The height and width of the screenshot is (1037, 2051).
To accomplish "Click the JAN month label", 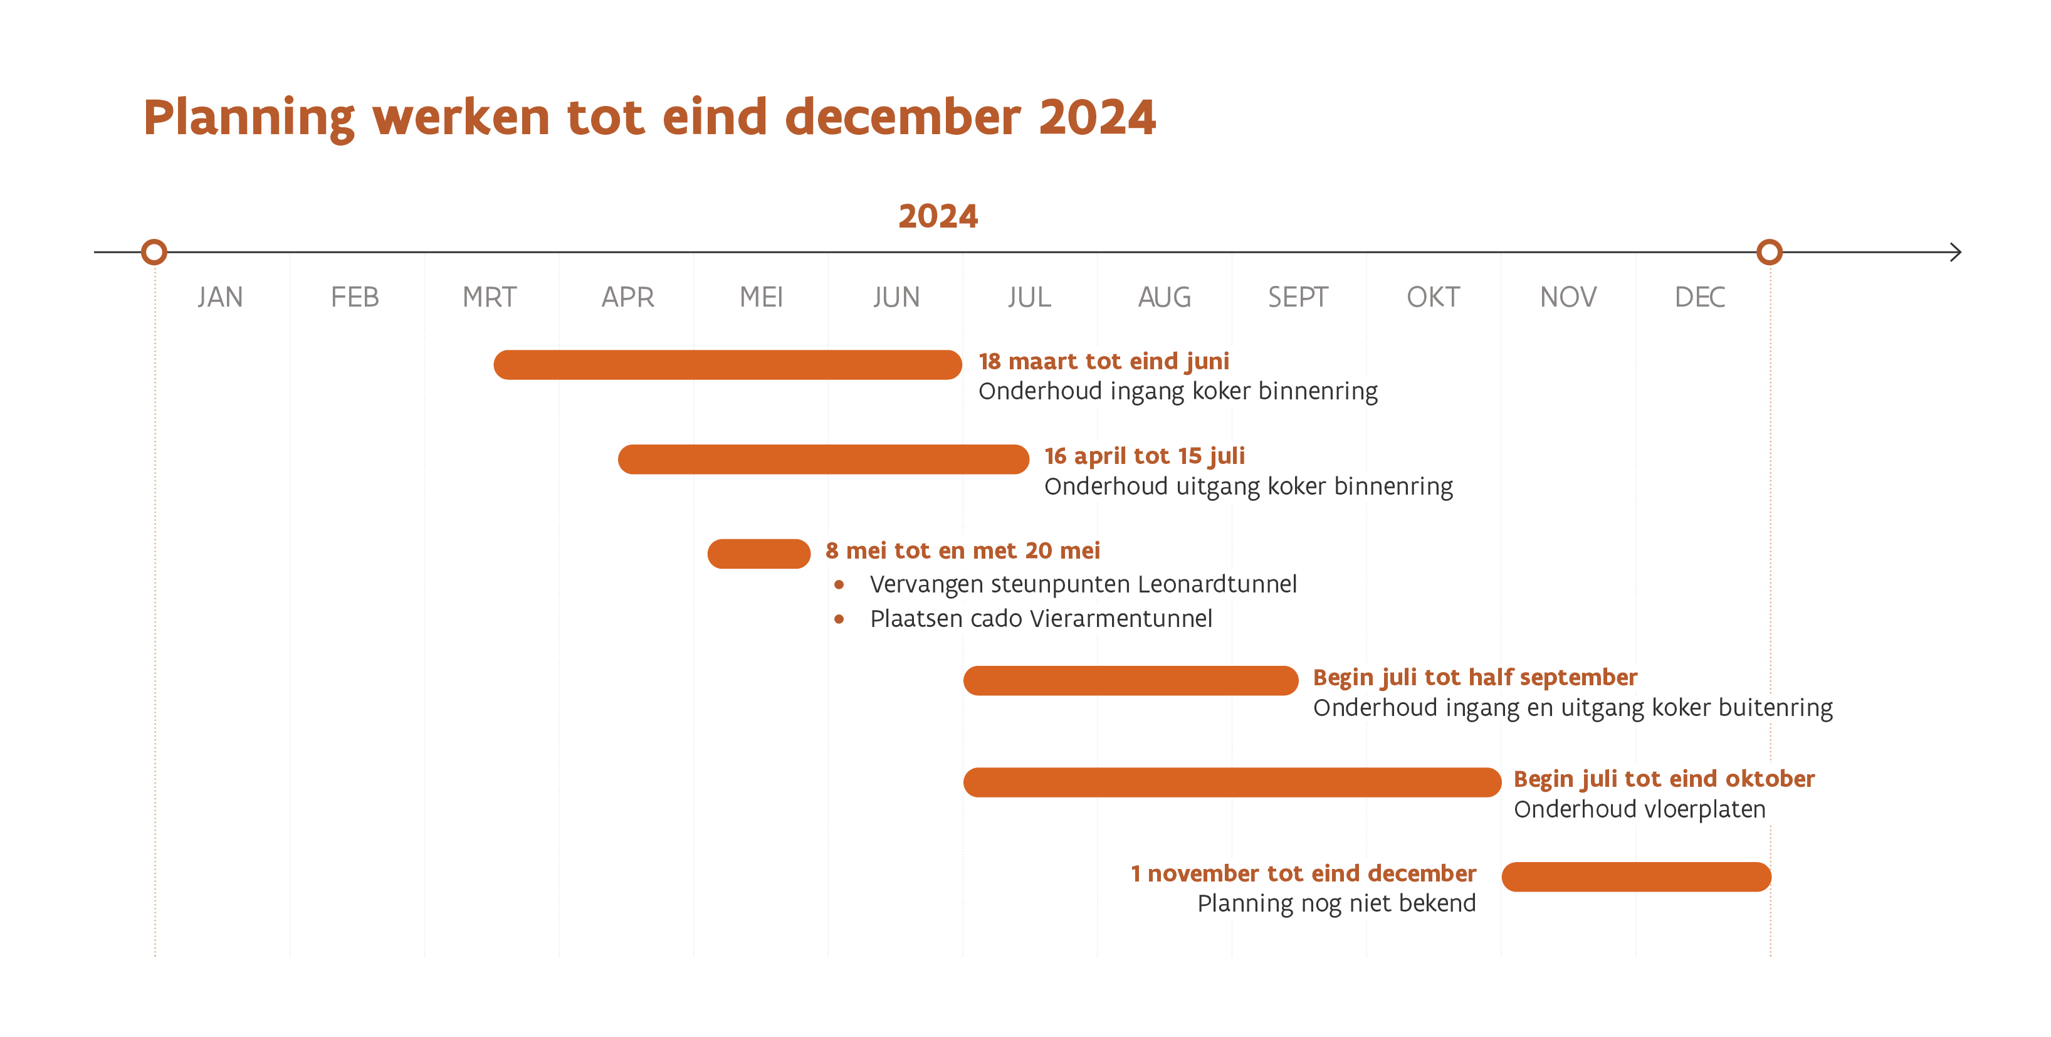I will click(221, 297).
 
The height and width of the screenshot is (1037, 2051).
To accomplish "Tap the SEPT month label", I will click(1297, 297).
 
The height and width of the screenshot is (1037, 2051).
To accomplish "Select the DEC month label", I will click(1699, 297).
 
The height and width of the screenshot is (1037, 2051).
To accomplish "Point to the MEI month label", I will click(761, 297).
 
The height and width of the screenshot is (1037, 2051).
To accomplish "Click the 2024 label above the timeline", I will click(937, 216).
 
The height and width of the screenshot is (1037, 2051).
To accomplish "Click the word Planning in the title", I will click(248, 117).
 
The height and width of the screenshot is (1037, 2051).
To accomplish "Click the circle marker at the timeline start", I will click(154, 253).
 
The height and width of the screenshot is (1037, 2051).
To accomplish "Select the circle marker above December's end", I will click(1769, 253).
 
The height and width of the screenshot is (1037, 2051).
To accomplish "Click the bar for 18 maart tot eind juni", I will click(727, 365).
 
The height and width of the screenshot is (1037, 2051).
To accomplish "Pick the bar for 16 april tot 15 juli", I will click(823, 460).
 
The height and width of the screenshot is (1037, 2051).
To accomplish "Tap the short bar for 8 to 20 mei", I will click(758, 554).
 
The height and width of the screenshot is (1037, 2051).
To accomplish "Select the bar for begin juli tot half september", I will click(1131, 680).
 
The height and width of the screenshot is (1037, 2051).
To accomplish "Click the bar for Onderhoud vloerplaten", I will click(1232, 782).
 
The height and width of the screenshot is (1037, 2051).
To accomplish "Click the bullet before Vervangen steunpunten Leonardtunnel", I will click(839, 584).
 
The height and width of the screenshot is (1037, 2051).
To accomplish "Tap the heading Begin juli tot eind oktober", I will click(1663, 778).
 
